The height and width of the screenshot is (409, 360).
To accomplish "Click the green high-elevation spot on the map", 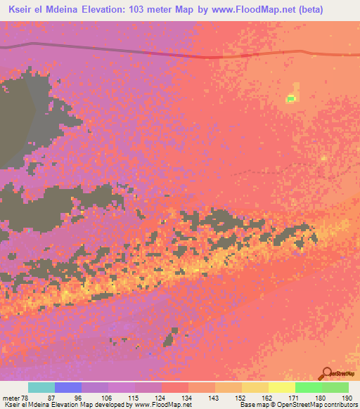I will click(x=290, y=98).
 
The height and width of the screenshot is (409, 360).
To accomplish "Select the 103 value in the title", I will click(x=137, y=9).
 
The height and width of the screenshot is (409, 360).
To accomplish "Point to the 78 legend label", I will click(x=29, y=397).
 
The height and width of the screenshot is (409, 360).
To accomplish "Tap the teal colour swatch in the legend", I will click(x=41, y=387).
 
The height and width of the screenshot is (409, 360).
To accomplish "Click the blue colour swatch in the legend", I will click(x=68, y=387).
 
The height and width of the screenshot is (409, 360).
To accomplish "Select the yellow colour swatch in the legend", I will click(x=281, y=387).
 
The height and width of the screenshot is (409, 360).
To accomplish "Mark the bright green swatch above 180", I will click(x=308, y=387).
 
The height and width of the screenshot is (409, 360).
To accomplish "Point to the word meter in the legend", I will click(x=12, y=397).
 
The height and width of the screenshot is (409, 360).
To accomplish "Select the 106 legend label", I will click(x=107, y=397).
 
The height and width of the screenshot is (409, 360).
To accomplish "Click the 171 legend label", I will click(x=295, y=397).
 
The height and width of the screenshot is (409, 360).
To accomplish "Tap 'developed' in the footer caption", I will click(x=95, y=405).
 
